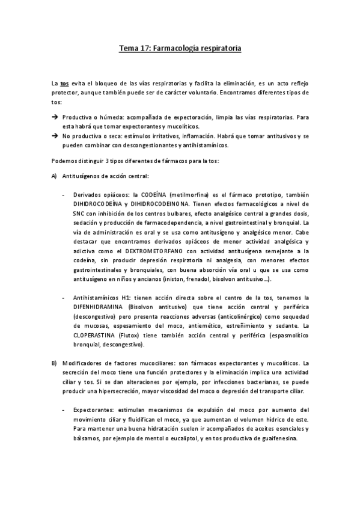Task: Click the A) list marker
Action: [54, 176]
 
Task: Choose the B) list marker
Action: [54, 363]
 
